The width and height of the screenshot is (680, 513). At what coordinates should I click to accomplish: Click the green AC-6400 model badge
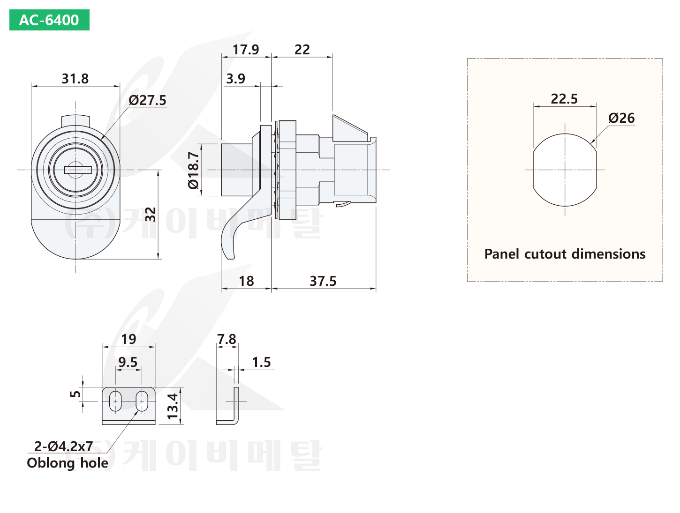click(x=49, y=20)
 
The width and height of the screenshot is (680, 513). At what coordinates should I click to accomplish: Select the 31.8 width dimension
click(x=75, y=79)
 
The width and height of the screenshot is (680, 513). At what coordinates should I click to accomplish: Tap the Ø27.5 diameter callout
click(x=147, y=100)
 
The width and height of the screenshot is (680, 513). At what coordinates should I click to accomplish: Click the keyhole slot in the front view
click(x=78, y=170)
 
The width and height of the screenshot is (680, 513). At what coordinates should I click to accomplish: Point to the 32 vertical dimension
click(x=151, y=214)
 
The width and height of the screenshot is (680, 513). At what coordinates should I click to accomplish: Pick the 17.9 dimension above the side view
click(x=246, y=50)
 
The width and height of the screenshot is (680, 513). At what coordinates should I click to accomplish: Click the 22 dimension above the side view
click(x=302, y=50)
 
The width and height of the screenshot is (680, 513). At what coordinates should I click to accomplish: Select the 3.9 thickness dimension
click(x=235, y=79)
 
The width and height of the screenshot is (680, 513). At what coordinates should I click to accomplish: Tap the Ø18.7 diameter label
click(x=193, y=170)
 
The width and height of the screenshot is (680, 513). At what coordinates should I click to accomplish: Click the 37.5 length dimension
click(x=323, y=281)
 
